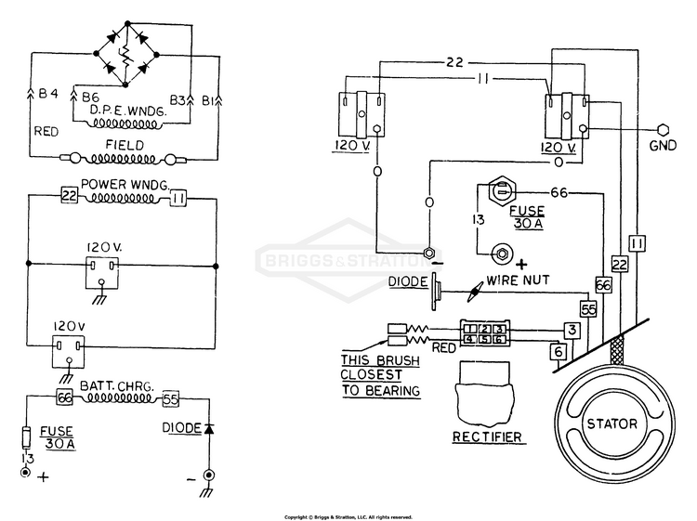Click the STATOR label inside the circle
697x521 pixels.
tap(612, 423)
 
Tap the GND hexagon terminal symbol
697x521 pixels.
tap(663, 130)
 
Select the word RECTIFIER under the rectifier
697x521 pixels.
tap(487, 437)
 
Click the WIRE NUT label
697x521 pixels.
tap(518, 280)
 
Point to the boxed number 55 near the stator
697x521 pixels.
tap(588, 309)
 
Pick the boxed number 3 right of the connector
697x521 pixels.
tap(572, 330)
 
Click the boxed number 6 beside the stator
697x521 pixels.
tap(559, 352)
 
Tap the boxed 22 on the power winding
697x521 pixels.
tap(69, 195)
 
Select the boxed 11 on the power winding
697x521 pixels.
tap(178, 199)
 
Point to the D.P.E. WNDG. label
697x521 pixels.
tap(128, 111)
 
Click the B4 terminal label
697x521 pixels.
tap(48, 94)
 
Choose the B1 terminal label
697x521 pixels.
tap(207, 101)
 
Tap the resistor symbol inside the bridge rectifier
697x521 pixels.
tap(126, 55)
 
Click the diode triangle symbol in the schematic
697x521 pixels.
tap(209, 429)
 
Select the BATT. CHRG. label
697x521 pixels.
tap(116, 385)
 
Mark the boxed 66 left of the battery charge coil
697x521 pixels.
tap(64, 397)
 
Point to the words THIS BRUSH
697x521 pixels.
tap(380, 360)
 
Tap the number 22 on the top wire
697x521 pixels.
tap(454, 62)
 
